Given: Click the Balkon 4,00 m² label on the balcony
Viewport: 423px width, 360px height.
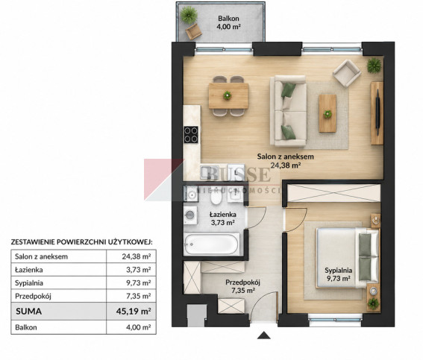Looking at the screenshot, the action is coord(228,22).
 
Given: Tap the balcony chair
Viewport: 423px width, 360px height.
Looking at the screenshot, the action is coord(193,31).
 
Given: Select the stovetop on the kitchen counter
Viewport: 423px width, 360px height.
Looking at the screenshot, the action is coord(191,135).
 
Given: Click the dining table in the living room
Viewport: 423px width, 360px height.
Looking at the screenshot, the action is coord(228,95).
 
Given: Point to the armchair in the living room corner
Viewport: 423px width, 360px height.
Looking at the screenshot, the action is coord(347,73).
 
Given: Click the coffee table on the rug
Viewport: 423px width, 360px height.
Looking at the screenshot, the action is coord(328,113).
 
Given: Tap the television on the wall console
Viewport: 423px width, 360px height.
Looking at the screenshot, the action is coord(378,112).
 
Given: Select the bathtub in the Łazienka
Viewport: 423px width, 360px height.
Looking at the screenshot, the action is coord(212,244).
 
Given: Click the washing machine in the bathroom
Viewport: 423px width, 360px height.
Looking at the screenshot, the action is coord(190,215).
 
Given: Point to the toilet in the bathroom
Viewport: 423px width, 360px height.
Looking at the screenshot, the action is coord(216,197).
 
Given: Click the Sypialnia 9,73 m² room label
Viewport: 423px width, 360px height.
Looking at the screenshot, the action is coord(338,274).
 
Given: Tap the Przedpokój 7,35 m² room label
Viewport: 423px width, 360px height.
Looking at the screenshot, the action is coord(242,286).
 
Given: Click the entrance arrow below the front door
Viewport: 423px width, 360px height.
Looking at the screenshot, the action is coord(263,335).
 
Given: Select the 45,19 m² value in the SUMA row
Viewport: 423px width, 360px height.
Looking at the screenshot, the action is coord(134,312).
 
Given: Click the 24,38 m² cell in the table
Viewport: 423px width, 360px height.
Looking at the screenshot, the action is coord(137,256).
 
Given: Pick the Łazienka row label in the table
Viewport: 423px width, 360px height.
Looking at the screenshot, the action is coord(29,270).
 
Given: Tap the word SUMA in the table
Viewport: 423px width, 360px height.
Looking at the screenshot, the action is coord(29,312).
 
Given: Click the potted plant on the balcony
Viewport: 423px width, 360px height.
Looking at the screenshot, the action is coord(189,15).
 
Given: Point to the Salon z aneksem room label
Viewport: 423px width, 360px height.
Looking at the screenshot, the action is coord(286,161).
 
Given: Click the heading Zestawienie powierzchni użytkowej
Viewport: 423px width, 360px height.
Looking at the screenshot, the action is coord(81,241).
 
